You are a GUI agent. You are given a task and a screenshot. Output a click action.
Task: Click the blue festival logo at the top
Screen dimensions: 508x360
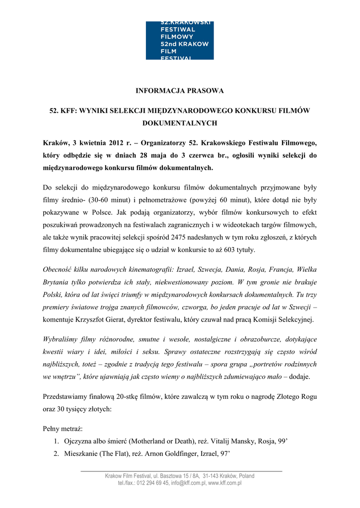[180, 41]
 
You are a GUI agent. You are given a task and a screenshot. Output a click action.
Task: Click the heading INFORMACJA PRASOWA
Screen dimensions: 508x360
[180, 91]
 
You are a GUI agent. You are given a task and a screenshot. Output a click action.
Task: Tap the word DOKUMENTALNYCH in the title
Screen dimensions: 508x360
[180, 122]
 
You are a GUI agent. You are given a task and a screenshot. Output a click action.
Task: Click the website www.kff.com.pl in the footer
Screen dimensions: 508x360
[224, 483]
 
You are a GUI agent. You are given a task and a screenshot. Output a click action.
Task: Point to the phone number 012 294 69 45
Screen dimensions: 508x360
[152, 483]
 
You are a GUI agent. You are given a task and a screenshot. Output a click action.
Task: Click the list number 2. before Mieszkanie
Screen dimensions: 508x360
[57, 453]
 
